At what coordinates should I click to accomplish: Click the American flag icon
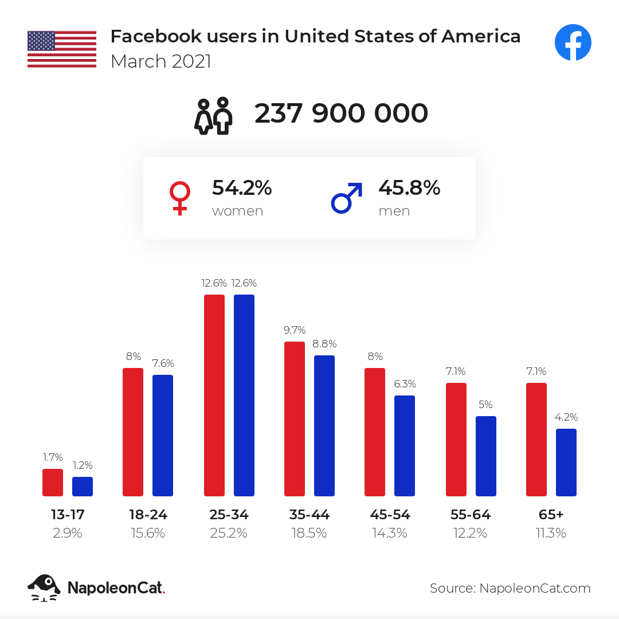click(62, 49)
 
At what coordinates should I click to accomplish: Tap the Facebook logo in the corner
click(573, 42)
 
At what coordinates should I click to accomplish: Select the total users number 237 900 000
click(341, 113)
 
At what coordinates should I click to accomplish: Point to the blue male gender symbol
click(347, 198)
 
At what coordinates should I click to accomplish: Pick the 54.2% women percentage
click(242, 187)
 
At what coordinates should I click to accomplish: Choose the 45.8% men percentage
click(409, 187)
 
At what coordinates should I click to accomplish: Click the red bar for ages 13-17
click(53, 483)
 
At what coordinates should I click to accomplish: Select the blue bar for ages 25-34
click(244, 395)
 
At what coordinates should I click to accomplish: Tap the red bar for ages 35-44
click(295, 419)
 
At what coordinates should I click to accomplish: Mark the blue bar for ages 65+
click(566, 463)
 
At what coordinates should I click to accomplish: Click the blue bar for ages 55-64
click(486, 456)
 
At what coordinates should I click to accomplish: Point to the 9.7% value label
click(295, 330)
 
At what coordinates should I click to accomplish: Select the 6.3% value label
click(405, 384)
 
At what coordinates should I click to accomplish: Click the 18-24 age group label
click(148, 515)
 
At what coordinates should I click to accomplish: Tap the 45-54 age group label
click(390, 515)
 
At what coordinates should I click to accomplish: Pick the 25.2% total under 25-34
click(229, 533)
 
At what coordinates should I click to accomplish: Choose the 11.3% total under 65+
click(551, 533)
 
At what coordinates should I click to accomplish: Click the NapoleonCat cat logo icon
click(44, 587)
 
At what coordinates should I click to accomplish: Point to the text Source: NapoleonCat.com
click(510, 588)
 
